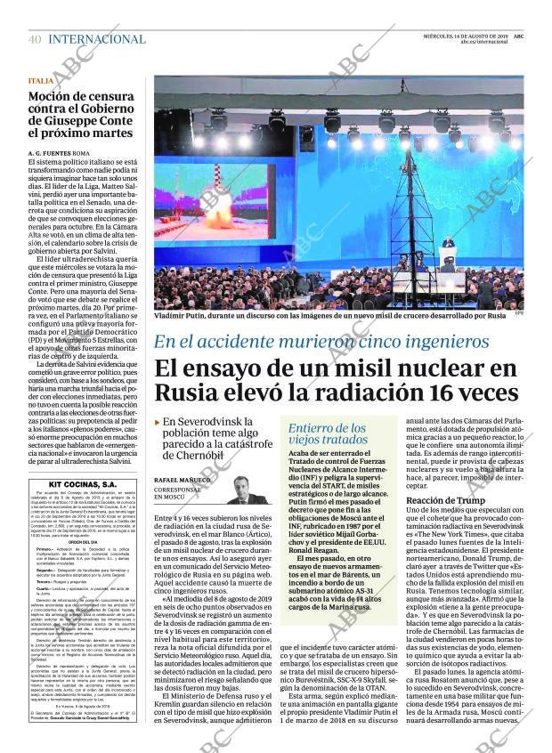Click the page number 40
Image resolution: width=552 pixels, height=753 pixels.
click(x=34, y=39)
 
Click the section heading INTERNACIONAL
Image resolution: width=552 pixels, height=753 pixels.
click(x=97, y=39)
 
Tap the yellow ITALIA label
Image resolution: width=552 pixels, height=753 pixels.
click(x=41, y=81)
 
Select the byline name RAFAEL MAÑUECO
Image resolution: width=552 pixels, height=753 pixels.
click(x=183, y=480)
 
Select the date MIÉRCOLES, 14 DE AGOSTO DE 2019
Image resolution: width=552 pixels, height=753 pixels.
click(x=464, y=35)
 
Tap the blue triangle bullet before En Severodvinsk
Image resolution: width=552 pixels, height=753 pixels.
click(x=158, y=421)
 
